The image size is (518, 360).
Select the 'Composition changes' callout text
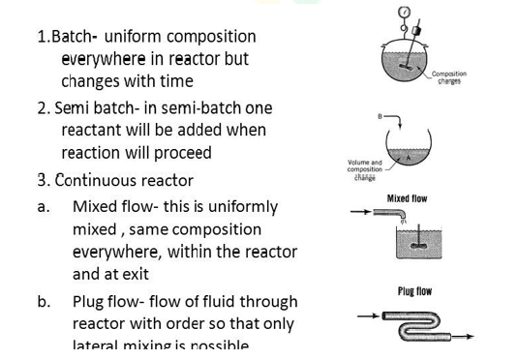(x=448, y=77)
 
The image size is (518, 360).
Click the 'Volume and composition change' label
(x=364, y=170)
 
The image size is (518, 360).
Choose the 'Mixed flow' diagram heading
(x=407, y=198)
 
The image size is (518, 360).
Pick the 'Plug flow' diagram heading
(x=414, y=290)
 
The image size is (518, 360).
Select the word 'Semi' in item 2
(x=74, y=107)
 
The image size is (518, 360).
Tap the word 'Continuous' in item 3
(x=99, y=180)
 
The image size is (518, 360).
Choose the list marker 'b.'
(x=45, y=302)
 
